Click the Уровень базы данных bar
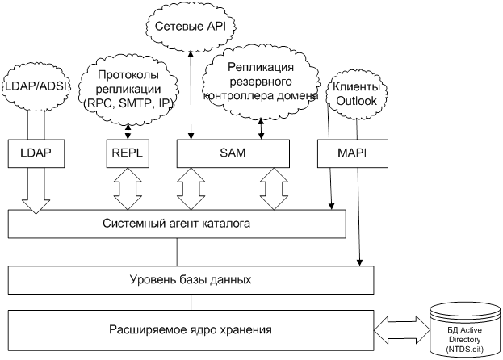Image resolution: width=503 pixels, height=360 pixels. pyautogui.click(x=191, y=280)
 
